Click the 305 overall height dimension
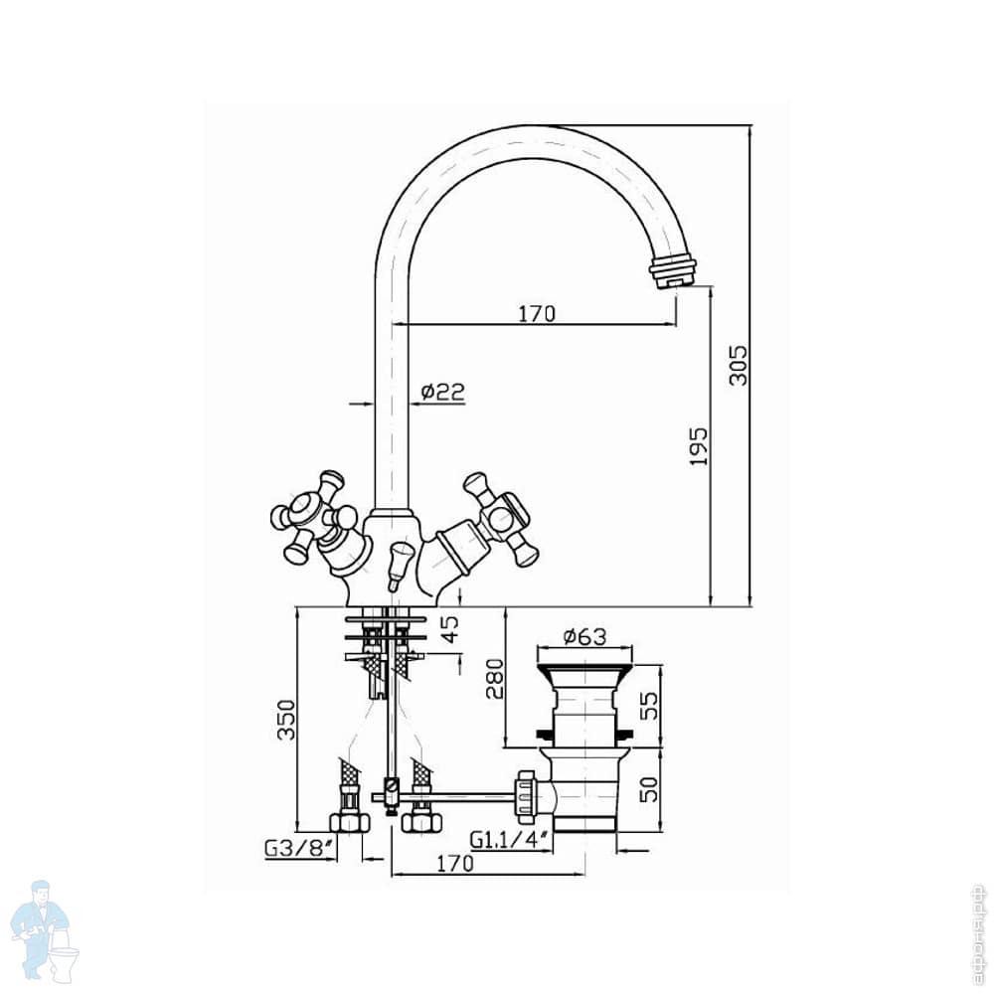(x=738, y=365)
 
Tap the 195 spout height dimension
(x=698, y=446)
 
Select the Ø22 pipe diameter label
(x=442, y=392)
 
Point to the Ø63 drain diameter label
(x=584, y=637)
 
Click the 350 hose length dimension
(x=284, y=720)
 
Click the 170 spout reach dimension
(x=536, y=314)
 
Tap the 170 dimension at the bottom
(x=455, y=864)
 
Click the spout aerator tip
(x=672, y=270)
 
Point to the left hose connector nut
(x=349, y=821)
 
